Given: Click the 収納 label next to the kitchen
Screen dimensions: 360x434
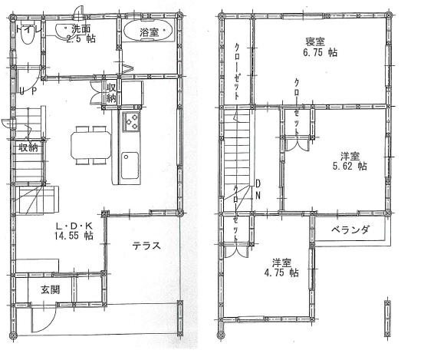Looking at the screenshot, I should coord(112,92).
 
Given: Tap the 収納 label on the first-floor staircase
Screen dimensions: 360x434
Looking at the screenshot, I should coord(28,147).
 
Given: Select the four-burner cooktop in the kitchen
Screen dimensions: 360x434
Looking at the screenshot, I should coord(130,121).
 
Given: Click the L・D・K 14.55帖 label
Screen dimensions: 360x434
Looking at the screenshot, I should coord(74,230).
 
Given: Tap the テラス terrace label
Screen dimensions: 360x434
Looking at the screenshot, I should coord(146,246).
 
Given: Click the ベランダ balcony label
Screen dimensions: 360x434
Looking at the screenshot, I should coord(351,230).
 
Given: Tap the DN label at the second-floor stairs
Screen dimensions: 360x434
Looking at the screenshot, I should coord(258,189).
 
